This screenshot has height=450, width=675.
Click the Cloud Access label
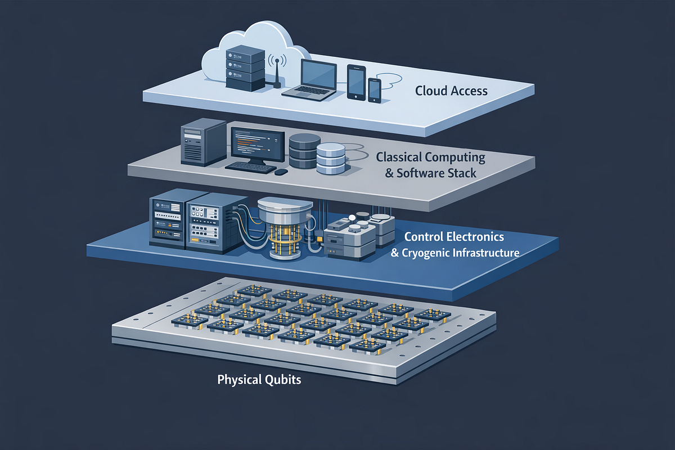click(x=451, y=91)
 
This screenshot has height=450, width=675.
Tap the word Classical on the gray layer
click(x=399, y=157)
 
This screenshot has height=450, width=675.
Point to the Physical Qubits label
click(x=259, y=380)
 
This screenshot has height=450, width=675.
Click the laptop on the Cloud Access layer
click(x=310, y=80)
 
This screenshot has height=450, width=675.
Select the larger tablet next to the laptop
click(x=356, y=82)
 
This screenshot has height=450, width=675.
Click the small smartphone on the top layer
click(x=375, y=91)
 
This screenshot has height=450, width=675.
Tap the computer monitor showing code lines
click(x=258, y=146)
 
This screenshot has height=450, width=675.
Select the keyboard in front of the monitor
click(x=250, y=168)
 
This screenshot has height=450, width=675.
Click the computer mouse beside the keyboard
click(x=281, y=172)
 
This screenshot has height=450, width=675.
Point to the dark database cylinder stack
click(x=304, y=151)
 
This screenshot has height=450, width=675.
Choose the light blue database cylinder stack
click(x=331, y=159)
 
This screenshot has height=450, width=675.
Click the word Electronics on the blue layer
click(x=475, y=237)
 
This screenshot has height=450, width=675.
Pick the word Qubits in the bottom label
click(x=283, y=380)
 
